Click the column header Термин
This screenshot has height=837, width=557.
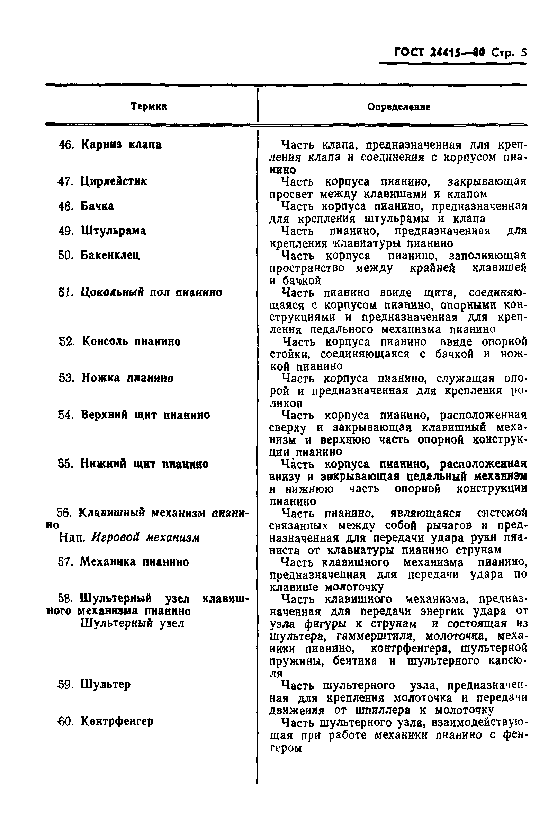click(149, 106)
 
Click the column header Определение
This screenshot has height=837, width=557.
click(398, 107)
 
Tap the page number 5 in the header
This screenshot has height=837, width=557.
click(523, 53)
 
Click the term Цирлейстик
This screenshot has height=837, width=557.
click(113, 181)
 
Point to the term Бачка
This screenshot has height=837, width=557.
click(97, 206)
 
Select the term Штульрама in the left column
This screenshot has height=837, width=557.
click(113, 231)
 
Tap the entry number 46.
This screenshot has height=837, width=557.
click(65, 145)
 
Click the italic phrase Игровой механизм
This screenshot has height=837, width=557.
click(146, 538)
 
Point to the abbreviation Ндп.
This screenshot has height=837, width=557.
click(72, 538)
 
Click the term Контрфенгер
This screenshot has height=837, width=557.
click(117, 722)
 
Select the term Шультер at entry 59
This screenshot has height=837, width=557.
click(106, 685)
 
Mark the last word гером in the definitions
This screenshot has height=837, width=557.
click(286, 748)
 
